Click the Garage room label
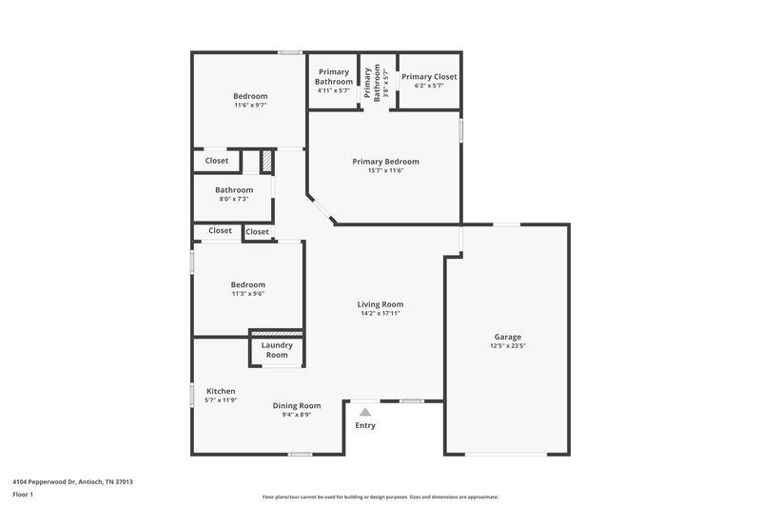(x=507, y=337)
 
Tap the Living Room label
(x=380, y=304)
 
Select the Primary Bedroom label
(x=385, y=162)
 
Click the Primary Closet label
(x=429, y=76)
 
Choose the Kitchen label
(x=221, y=391)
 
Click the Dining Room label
(x=297, y=405)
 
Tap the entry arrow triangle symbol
(x=364, y=412)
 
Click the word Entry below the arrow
(x=365, y=425)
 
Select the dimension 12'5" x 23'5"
(x=507, y=346)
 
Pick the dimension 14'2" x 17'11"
(x=380, y=314)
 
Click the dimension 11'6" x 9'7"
(x=250, y=106)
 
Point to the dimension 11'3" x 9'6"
(x=247, y=294)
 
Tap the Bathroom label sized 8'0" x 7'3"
(x=234, y=189)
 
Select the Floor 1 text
(x=23, y=495)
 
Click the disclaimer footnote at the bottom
(x=380, y=497)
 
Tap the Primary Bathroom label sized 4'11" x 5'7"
(x=334, y=77)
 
